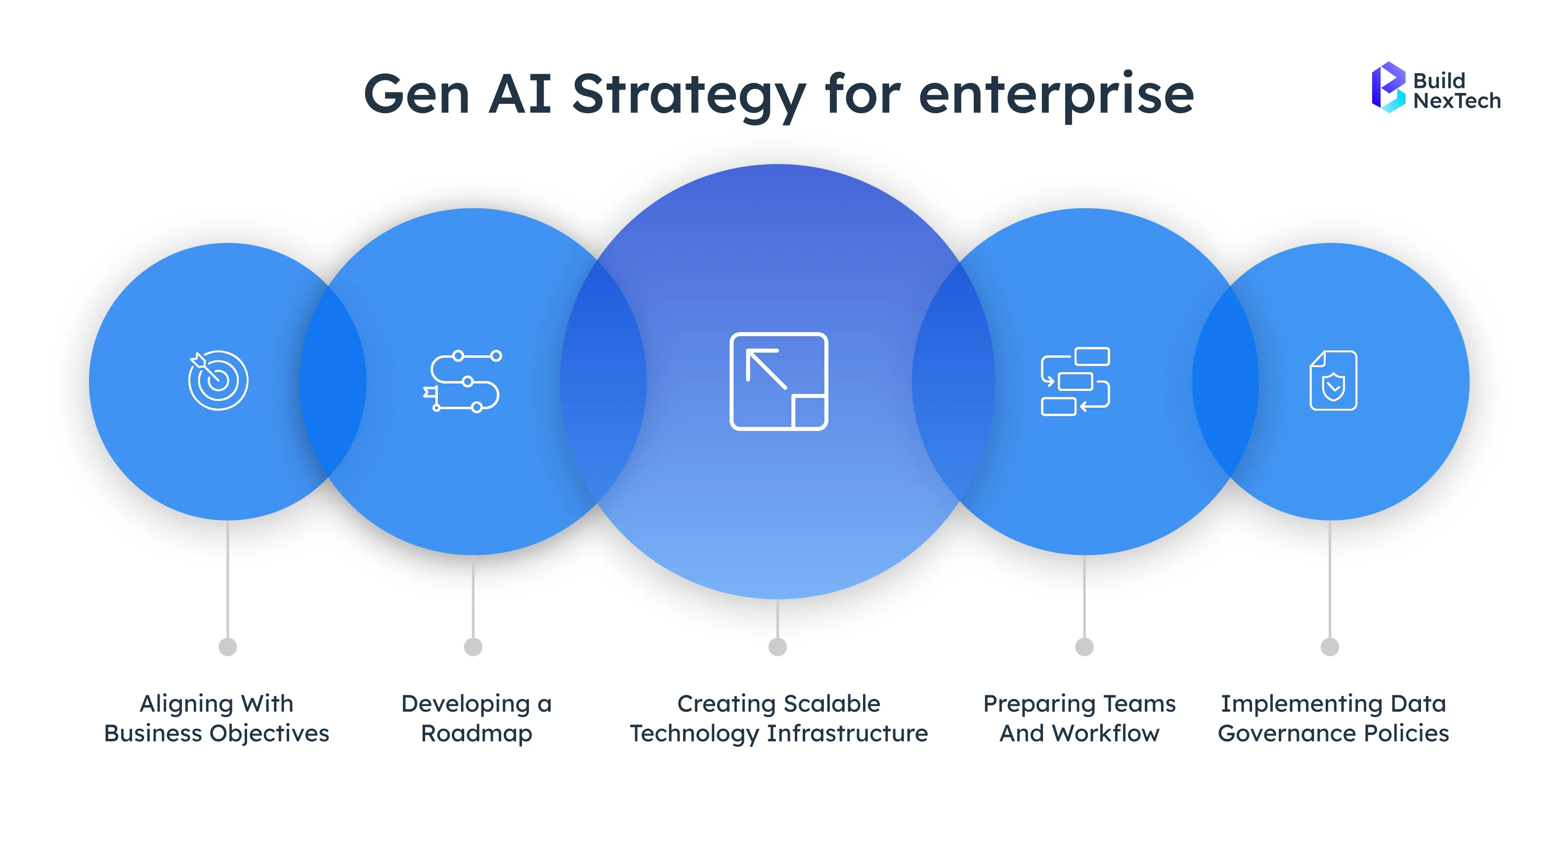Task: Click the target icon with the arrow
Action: (218, 381)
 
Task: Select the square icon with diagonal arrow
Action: (778, 381)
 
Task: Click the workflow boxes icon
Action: (1075, 381)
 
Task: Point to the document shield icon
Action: (1333, 381)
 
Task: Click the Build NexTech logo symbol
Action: (1387, 87)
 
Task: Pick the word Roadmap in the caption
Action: (476, 733)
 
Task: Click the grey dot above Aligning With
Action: (228, 647)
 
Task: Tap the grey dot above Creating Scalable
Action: (778, 647)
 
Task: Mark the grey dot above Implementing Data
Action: (1330, 647)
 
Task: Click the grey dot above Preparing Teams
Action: (1084, 647)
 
